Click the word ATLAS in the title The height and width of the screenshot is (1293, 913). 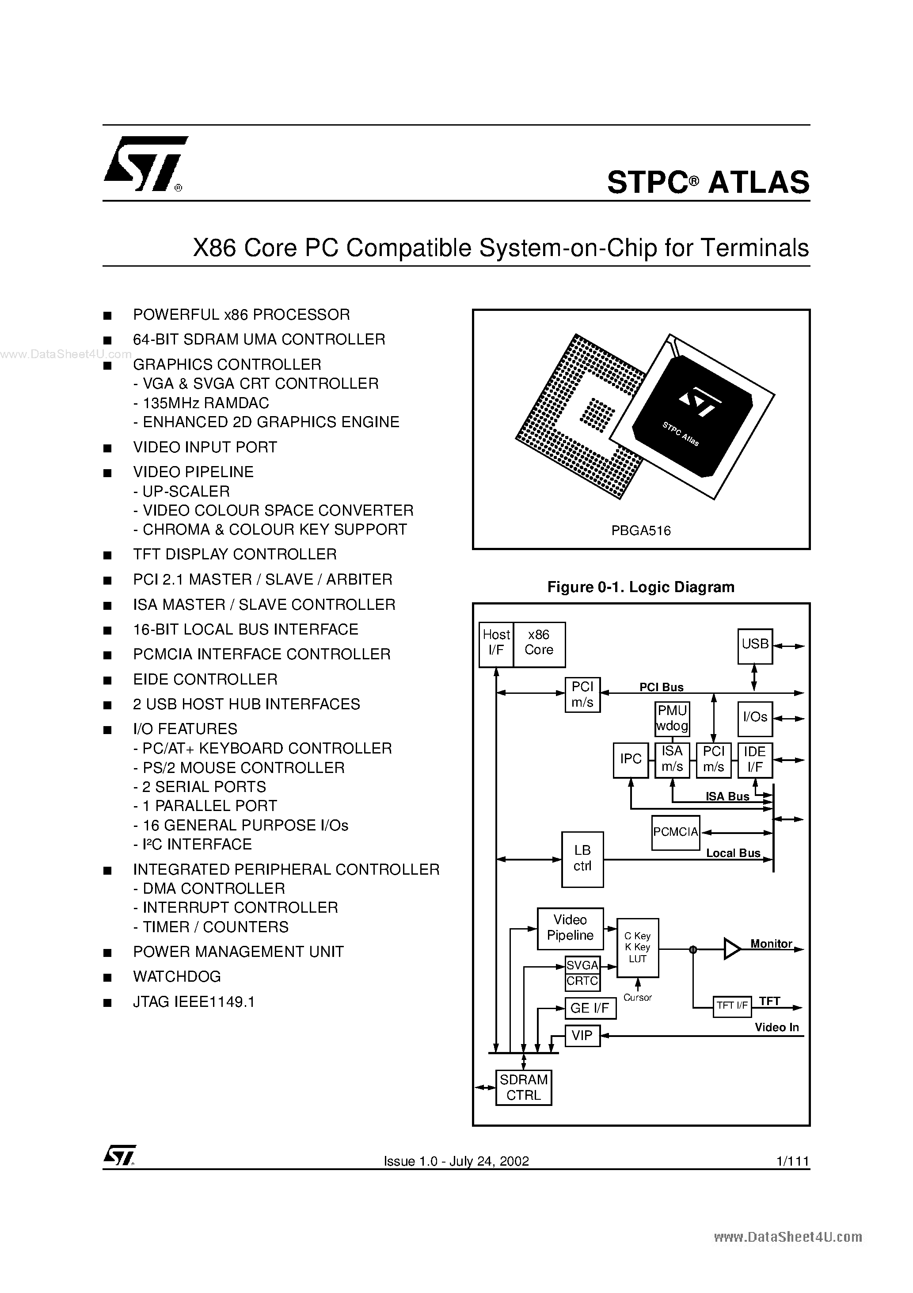(x=758, y=183)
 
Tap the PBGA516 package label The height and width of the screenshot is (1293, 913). (x=641, y=531)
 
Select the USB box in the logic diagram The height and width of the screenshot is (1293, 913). (x=755, y=645)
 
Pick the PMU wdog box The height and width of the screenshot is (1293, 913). (x=672, y=719)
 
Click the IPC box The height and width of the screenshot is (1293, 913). (x=631, y=760)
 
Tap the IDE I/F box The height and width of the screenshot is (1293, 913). (x=754, y=760)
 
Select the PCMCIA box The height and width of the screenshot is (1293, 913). (x=675, y=832)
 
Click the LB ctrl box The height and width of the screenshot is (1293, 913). (x=582, y=859)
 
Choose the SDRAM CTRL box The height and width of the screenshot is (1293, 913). (x=524, y=1087)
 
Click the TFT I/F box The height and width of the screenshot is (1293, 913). (x=732, y=1005)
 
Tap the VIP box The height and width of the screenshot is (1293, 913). (x=582, y=1035)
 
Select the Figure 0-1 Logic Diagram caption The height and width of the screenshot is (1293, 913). (x=641, y=587)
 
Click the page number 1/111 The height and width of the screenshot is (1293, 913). (x=792, y=1161)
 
